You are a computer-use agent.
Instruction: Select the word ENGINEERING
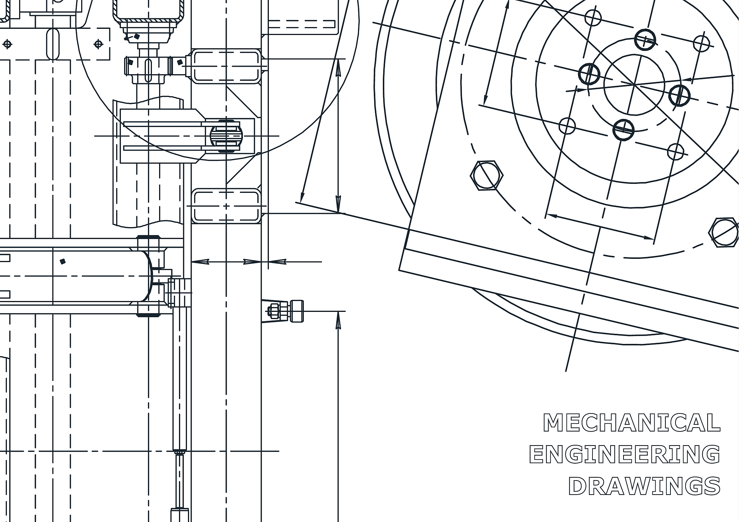[x=625, y=454]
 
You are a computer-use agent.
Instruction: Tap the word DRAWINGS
[x=644, y=486]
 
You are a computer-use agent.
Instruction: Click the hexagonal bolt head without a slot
[x=486, y=176]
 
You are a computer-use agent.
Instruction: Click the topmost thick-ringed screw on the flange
[x=645, y=40]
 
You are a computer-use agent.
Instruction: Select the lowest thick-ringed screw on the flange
[x=624, y=129]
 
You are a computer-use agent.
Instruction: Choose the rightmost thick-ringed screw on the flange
[x=679, y=96]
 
